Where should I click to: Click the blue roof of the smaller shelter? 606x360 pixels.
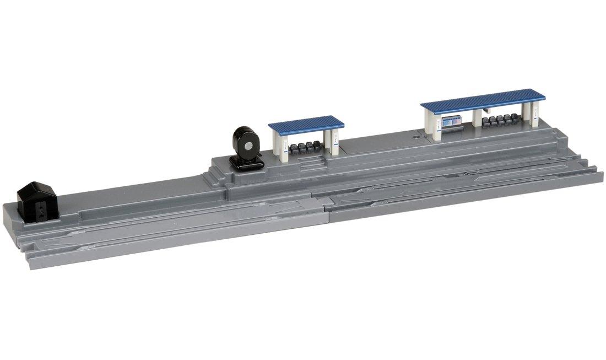[x=306, y=123]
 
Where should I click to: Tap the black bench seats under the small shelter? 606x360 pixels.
[x=305, y=147]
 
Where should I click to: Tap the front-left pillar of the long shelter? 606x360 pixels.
[x=436, y=126]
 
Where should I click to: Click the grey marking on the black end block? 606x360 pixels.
[x=42, y=209]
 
